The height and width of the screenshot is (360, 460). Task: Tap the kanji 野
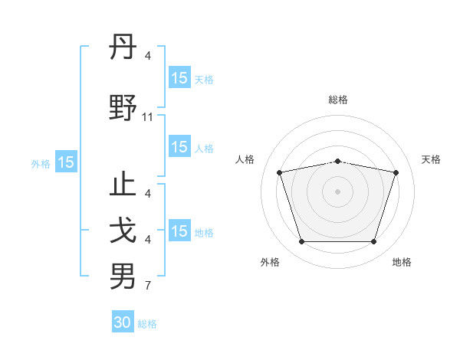(123, 106)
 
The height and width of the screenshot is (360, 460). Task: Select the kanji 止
(123, 187)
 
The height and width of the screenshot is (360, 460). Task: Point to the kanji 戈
(123, 231)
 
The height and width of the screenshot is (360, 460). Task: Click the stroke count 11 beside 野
(148, 117)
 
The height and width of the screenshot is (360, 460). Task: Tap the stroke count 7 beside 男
(148, 286)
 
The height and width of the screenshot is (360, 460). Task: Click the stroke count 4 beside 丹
(148, 55)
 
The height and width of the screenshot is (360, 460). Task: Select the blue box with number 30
(123, 322)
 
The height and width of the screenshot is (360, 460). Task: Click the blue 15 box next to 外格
(65, 162)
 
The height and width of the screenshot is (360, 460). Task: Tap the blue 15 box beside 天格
(179, 78)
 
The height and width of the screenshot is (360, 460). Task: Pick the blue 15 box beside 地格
(179, 231)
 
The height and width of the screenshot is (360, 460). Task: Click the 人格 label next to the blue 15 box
(204, 149)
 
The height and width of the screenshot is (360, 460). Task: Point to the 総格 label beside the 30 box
(147, 324)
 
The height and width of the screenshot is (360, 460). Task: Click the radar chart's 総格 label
(337, 100)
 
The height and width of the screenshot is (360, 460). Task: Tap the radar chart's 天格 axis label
(432, 159)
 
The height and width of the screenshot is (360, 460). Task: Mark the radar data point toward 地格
(373, 242)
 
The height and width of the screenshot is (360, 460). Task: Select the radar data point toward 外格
(301, 242)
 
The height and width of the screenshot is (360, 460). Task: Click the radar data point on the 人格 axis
(279, 172)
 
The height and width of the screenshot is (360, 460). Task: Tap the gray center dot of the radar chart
(337, 191)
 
